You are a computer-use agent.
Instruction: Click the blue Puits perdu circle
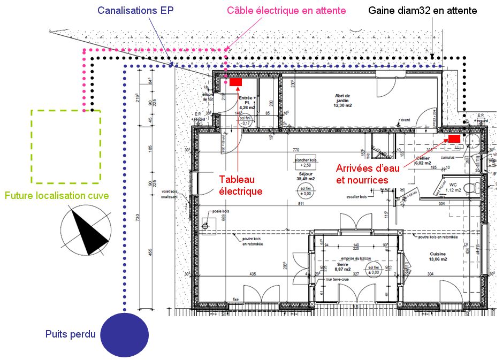(125, 335)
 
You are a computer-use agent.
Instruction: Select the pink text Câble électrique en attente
(286, 11)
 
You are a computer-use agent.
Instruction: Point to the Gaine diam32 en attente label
(423, 11)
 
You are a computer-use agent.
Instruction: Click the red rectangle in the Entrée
(235, 82)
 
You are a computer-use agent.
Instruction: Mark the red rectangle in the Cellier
(454, 139)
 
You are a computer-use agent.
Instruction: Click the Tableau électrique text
(241, 185)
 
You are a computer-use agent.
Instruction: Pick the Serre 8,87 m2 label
(342, 266)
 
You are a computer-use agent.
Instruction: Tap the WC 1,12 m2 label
(453, 186)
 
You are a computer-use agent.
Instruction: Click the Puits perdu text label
(71, 335)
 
